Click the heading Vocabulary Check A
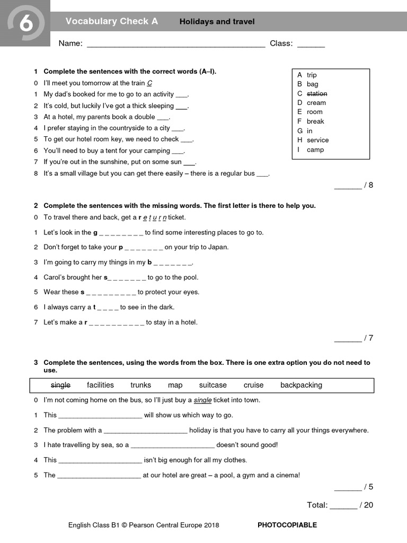point(111,21)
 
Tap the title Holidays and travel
point(217,22)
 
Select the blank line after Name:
point(175,45)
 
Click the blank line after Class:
point(311,45)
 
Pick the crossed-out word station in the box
point(317,93)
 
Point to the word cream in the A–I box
point(316,103)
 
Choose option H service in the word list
point(317,140)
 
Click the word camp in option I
point(315,150)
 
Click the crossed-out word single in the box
point(60,385)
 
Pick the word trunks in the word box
point(140,385)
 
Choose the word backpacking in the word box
point(301,385)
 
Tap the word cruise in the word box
point(253,385)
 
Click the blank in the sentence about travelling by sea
point(172,446)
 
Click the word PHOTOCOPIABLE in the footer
point(287,525)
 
